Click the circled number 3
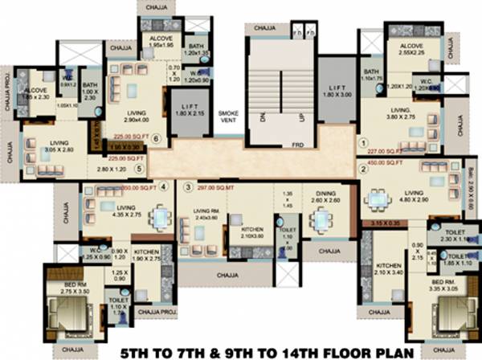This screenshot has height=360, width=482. coord(188,188)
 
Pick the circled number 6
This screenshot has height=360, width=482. coord(157,137)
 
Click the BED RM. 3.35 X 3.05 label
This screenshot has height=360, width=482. coord(445,287)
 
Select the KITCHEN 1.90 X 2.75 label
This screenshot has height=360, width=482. coord(147,256)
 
